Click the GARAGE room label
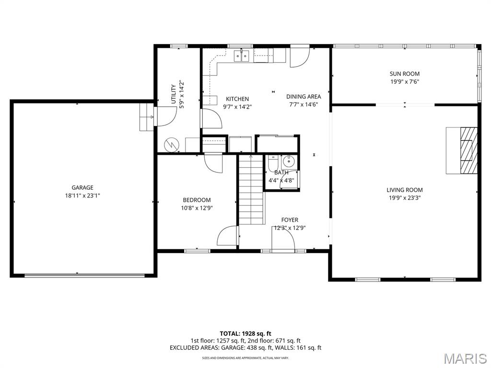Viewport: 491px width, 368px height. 82,187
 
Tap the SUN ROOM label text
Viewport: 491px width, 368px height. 405,74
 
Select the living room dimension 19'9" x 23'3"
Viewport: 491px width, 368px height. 405,198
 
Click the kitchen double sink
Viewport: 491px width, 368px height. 242,57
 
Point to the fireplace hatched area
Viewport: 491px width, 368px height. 468,150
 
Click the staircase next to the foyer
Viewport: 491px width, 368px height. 251,189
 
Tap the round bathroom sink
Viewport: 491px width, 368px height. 288,162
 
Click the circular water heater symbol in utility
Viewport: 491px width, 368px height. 172,144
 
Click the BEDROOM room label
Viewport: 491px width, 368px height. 197,200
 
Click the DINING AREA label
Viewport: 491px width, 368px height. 304,97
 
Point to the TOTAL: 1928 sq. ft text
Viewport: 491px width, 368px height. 245,333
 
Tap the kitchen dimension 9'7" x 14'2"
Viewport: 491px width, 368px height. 237,107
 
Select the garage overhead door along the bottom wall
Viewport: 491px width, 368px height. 84,276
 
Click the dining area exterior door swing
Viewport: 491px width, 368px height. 300,57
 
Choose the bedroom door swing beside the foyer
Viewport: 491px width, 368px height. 228,235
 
